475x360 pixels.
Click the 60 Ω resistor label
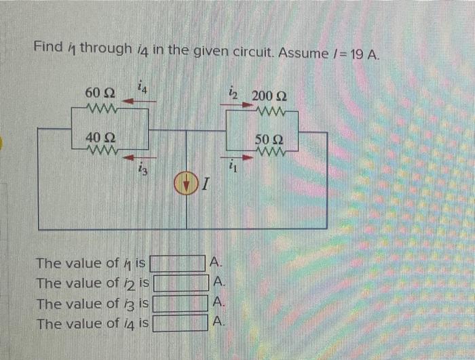[x=99, y=92]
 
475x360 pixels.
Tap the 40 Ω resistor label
[x=99, y=138]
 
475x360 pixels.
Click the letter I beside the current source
[x=205, y=184]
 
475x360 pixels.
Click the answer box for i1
[x=177, y=262]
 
